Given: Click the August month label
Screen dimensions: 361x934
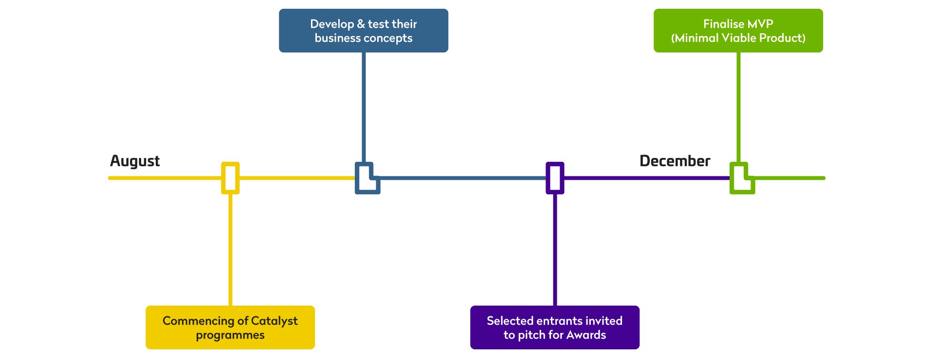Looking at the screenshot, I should tap(135, 161).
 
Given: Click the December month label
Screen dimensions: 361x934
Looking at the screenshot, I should tap(675, 161).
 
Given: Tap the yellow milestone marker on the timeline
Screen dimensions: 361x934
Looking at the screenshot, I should tap(230, 178).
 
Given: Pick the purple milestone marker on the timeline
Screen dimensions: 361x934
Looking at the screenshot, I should tap(555, 178).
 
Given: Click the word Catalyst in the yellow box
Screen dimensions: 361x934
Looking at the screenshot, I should tap(274, 321).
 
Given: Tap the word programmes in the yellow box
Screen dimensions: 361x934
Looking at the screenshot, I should tap(230, 335).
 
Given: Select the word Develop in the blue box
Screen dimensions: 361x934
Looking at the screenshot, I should tap(332, 24).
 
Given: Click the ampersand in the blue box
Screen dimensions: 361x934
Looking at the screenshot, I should tap(361, 24).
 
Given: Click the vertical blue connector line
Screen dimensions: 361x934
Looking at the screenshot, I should tap(364, 107).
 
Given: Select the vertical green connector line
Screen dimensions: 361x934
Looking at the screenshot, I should tap(738, 107).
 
